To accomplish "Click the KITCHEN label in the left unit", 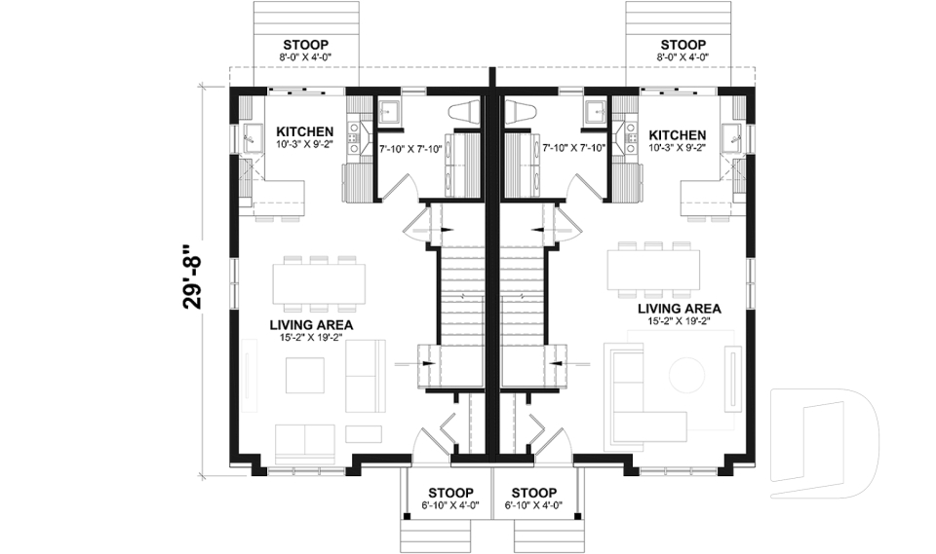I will point(305,132).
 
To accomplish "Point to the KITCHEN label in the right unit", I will point(678,134).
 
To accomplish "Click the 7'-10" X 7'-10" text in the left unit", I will point(409,148).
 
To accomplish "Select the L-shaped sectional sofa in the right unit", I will point(629,389).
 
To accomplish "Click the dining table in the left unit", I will point(319,280).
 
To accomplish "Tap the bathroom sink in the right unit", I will point(593,112).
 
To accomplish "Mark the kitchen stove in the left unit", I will point(357,179).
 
